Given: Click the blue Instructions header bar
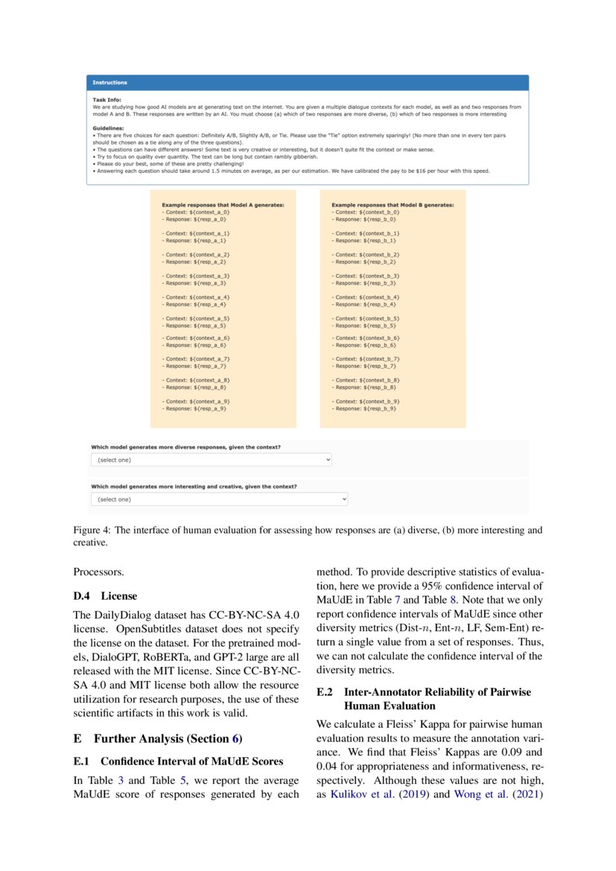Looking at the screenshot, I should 307,83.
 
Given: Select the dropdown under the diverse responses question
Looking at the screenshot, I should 212,460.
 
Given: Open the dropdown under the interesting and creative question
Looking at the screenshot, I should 220,499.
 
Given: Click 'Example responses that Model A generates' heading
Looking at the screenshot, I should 228,204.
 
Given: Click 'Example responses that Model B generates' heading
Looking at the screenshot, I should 393,204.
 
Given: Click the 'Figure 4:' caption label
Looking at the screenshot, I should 91,530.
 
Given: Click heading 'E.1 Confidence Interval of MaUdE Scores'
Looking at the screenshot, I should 178,761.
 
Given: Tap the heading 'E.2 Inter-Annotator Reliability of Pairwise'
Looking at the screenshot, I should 424,692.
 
